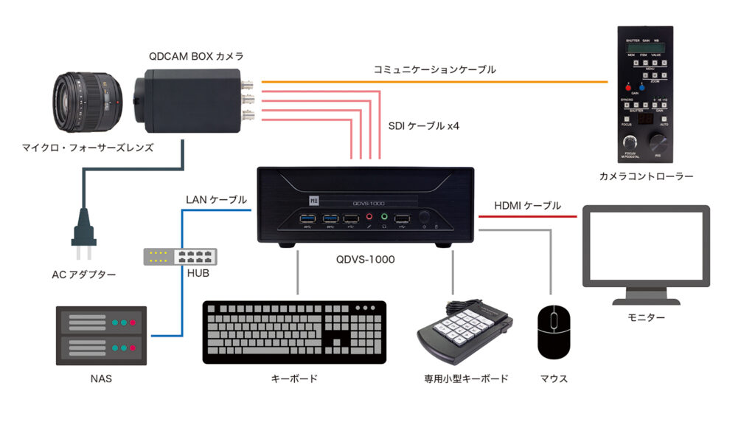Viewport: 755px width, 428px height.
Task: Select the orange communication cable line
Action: click(x=435, y=80)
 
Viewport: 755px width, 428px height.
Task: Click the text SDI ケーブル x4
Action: click(x=424, y=126)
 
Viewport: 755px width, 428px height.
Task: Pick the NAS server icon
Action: click(x=102, y=336)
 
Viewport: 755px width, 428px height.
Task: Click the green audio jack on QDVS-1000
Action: click(x=383, y=217)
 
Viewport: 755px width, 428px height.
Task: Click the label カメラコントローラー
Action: click(x=646, y=176)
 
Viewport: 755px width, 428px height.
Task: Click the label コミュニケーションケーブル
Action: click(x=434, y=69)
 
